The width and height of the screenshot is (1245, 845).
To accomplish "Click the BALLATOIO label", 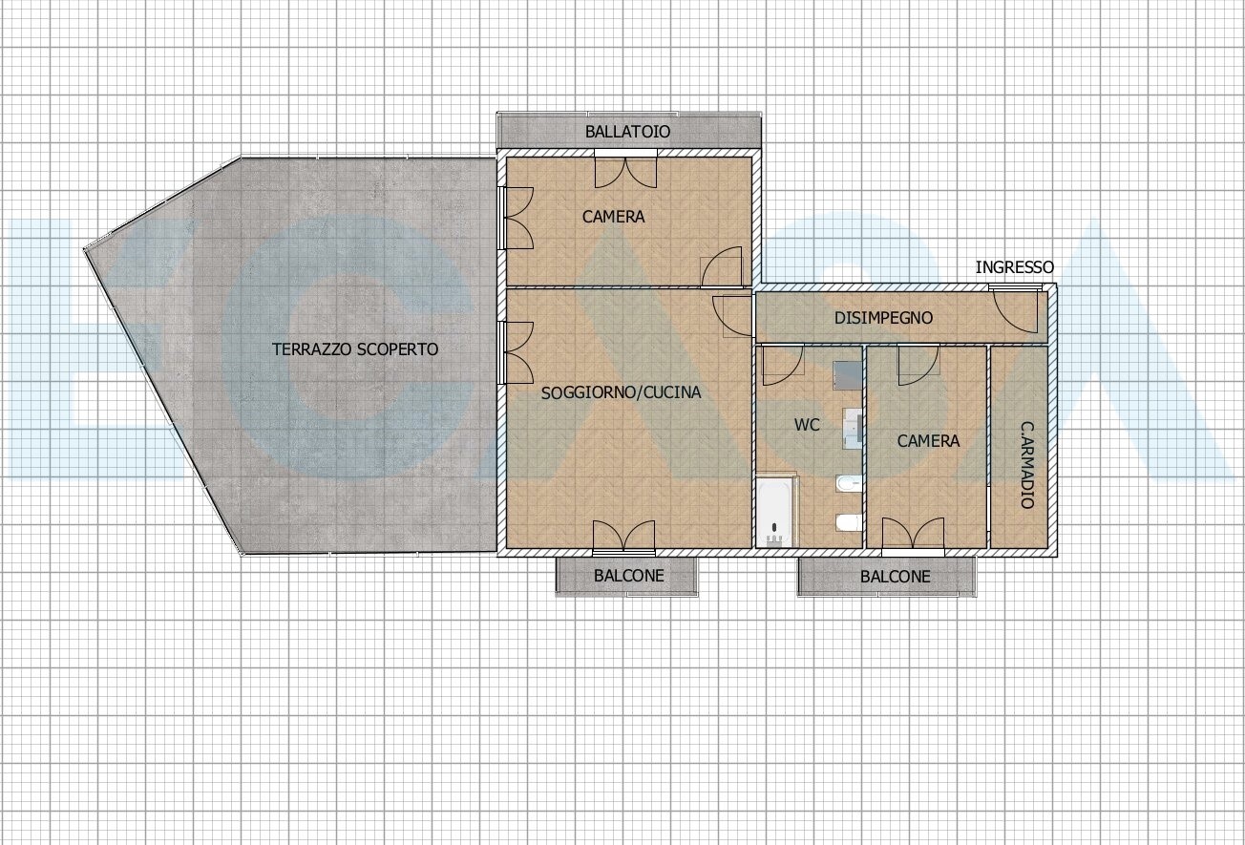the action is pyautogui.click(x=627, y=132).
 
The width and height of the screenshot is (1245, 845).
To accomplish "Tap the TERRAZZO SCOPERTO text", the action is pyautogui.click(x=355, y=349).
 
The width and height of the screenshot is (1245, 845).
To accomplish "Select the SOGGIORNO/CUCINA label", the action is pyautogui.click(x=621, y=393).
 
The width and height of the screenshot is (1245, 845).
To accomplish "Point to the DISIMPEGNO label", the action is pyautogui.click(x=883, y=318).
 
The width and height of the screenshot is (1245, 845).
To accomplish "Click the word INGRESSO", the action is pyautogui.click(x=1014, y=267).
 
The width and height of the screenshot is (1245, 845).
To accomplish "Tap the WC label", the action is pyautogui.click(x=807, y=425).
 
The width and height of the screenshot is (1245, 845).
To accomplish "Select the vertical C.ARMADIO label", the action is pyautogui.click(x=1027, y=465).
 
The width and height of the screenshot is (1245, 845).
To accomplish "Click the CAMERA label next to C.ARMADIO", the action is pyautogui.click(x=928, y=441).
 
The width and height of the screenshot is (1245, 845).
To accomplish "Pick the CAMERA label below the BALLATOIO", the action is pyautogui.click(x=613, y=217).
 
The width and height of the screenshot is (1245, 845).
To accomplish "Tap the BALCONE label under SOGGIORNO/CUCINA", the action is pyautogui.click(x=628, y=576).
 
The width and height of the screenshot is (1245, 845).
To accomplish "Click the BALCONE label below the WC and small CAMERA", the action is pyautogui.click(x=895, y=577).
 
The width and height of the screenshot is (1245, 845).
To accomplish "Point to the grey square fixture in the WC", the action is pyautogui.click(x=848, y=375).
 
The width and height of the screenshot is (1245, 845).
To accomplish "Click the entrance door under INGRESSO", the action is pyautogui.click(x=1016, y=311).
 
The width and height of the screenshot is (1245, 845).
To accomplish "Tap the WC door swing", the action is pyautogui.click(x=783, y=365).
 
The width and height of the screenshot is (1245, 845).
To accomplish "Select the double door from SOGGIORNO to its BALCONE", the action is pyautogui.click(x=623, y=538).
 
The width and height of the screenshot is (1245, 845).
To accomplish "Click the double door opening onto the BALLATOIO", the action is pyautogui.click(x=625, y=170).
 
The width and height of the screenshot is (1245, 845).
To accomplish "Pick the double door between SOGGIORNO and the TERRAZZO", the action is pyautogui.click(x=517, y=352).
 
